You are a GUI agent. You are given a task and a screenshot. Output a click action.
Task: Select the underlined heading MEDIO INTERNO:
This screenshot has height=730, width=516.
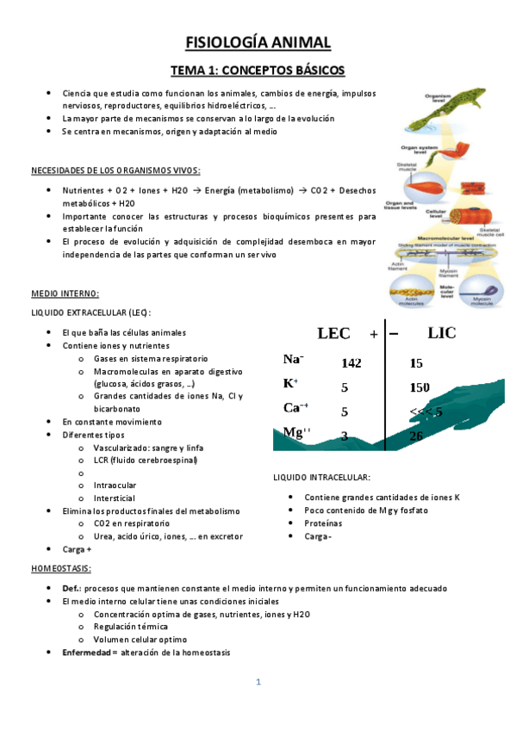(65, 294)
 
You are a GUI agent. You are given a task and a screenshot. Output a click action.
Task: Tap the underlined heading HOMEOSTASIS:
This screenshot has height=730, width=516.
(61, 569)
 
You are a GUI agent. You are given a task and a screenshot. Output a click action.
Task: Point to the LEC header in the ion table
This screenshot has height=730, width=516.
(334, 333)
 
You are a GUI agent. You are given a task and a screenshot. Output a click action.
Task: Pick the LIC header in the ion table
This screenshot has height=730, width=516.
(441, 333)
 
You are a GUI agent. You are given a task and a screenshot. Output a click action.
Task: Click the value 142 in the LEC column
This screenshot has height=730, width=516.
(350, 364)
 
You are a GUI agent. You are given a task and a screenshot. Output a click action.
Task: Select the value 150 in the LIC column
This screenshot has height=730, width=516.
(420, 387)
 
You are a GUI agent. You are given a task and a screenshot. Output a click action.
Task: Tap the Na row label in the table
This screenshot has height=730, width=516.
(293, 359)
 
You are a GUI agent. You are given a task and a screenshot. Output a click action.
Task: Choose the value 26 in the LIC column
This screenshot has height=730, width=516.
(416, 436)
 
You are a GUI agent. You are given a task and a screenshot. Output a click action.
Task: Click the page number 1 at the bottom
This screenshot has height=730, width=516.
(258, 683)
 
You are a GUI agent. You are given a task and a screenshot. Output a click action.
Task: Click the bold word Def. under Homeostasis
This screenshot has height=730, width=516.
(71, 587)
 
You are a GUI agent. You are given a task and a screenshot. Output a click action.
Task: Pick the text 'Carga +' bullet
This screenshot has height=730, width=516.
(78, 548)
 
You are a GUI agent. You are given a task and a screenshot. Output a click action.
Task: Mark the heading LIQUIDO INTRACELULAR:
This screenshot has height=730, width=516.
(321, 476)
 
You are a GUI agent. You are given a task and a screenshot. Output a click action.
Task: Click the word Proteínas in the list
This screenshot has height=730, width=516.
(323, 523)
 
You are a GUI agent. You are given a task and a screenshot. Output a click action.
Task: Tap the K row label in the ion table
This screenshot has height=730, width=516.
(290, 383)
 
